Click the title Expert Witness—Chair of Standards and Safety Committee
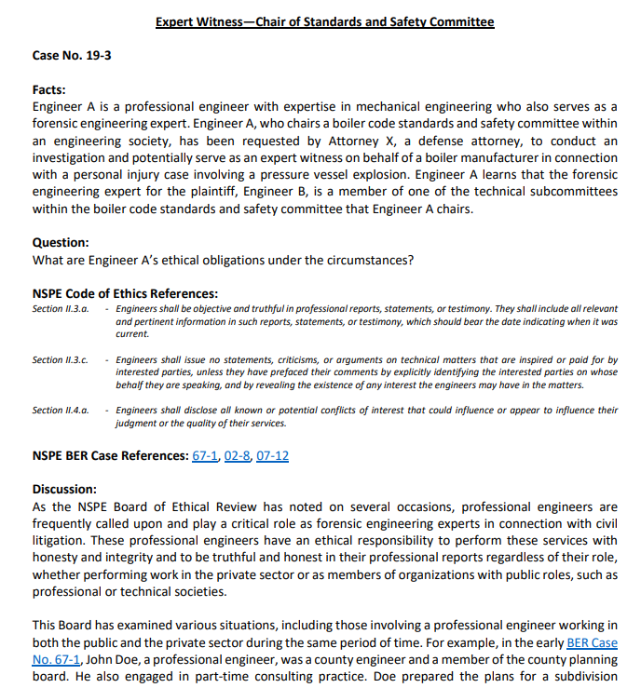(x=324, y=21)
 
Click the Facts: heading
(x=49, y=90)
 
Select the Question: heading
(x=61, y=242)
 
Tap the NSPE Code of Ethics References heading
(x=125, y=293)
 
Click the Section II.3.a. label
(x=61, y=308)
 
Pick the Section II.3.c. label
(x=61, y=359)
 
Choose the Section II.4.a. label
(x=61, y=410)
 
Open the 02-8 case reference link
(x=236, y=455)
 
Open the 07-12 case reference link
(x=272, y=455)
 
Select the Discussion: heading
(x=64, y=489)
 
